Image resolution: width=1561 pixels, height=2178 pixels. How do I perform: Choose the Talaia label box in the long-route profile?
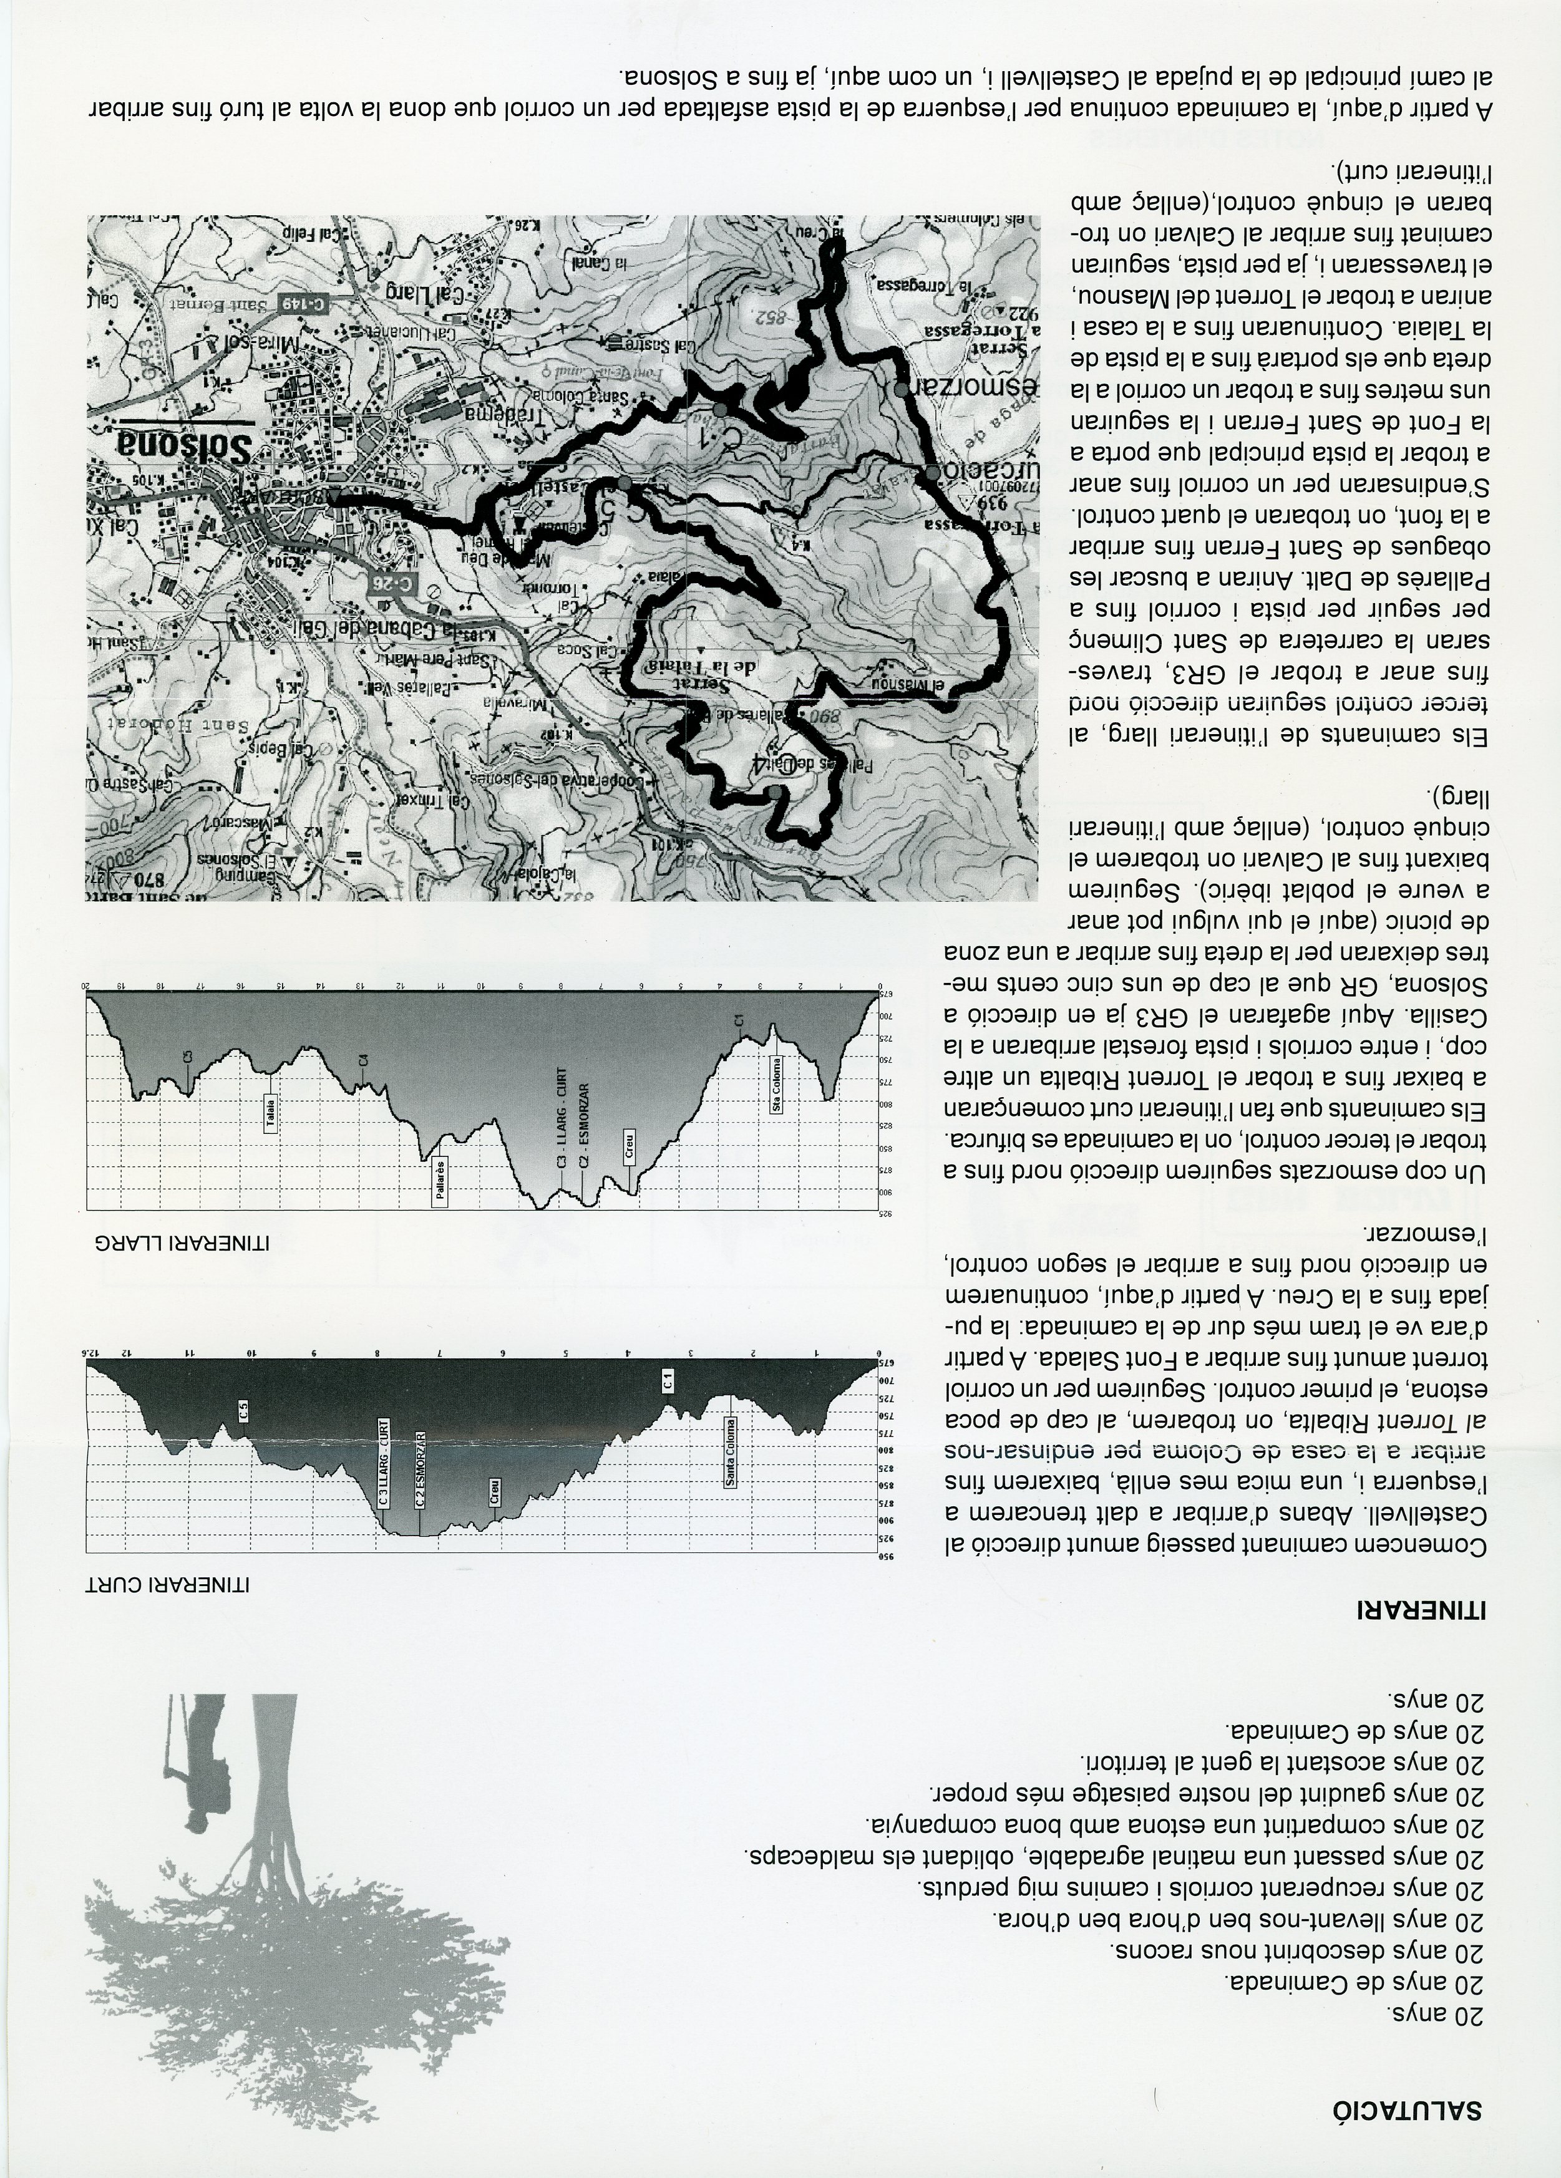tap(271, 1115)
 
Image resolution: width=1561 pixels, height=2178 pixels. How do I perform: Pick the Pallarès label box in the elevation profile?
tap(440, 1181)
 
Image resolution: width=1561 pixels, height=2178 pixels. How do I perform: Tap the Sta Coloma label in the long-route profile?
tap(776, 1085)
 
